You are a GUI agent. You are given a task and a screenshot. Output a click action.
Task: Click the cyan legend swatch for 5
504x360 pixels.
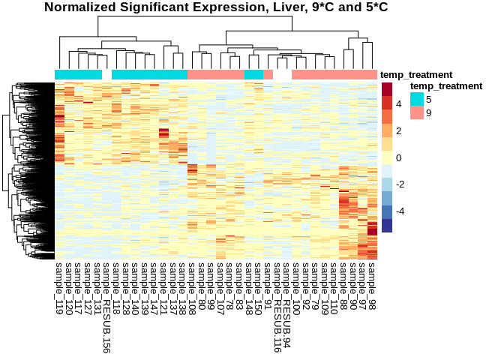[416, 98]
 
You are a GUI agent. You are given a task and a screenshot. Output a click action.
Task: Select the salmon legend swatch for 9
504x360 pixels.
[416, 112]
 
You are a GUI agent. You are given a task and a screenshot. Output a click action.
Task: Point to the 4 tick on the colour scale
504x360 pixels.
[399, 103]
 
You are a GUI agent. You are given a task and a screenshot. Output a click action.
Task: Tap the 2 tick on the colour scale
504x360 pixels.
[399, 130]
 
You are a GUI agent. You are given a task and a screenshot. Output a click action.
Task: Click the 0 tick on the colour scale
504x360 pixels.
[399, 157]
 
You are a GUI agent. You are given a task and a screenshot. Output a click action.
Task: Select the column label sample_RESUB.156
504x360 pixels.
[106, 306]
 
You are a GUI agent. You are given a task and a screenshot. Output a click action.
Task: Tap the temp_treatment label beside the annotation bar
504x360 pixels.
[416, 74]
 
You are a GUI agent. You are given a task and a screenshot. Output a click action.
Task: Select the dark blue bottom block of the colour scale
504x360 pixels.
[387, 226]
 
